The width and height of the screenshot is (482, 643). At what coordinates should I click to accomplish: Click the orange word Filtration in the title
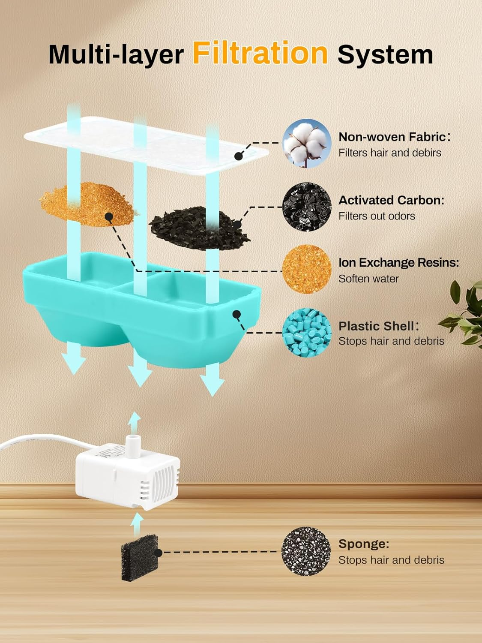click(260, 54)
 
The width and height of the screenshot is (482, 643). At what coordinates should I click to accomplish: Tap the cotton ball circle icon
click(307, 143)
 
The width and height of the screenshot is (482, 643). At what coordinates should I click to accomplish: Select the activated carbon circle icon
click(307, 207)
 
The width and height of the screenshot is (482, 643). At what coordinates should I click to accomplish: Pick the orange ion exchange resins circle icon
click(307, 269)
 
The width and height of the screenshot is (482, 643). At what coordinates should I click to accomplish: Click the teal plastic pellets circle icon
click(307, 332)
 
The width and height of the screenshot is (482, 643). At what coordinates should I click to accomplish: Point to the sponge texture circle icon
click(306, 551)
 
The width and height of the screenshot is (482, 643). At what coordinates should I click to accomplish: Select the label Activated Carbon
click(391, 200)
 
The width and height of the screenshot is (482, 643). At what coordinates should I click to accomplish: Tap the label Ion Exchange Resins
click(398, 262)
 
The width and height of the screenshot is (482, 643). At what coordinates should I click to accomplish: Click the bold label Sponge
click(364, 544)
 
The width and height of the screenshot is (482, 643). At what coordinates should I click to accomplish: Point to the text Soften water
click(368, 279)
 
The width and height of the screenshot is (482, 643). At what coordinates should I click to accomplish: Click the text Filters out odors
click(377, 216)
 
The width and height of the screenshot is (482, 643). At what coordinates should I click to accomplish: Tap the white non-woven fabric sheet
click(146, 144)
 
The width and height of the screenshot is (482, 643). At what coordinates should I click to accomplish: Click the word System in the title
click(385, 55)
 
